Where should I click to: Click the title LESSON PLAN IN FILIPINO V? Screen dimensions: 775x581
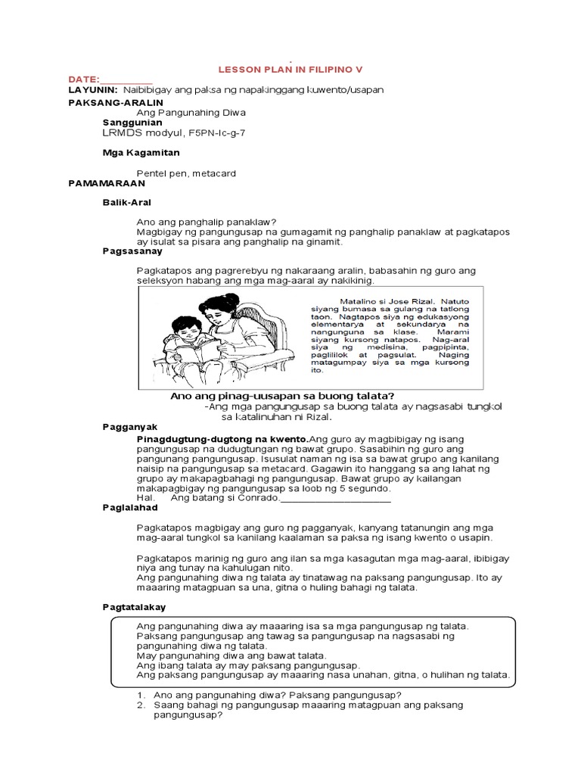(290, 68)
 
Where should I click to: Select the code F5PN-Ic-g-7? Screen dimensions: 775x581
(213, 132)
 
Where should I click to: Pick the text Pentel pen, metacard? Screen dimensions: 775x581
(186, 173)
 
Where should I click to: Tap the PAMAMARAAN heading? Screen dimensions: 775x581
(106, 183)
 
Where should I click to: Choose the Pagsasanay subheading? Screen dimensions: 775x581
(132, 251)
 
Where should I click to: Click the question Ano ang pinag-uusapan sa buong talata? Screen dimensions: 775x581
(282, 396)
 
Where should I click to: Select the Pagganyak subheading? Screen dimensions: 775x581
(129, 427)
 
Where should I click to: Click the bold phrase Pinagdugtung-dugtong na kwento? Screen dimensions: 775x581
(222, 438)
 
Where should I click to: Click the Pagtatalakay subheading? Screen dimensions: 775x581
(134, 607)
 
